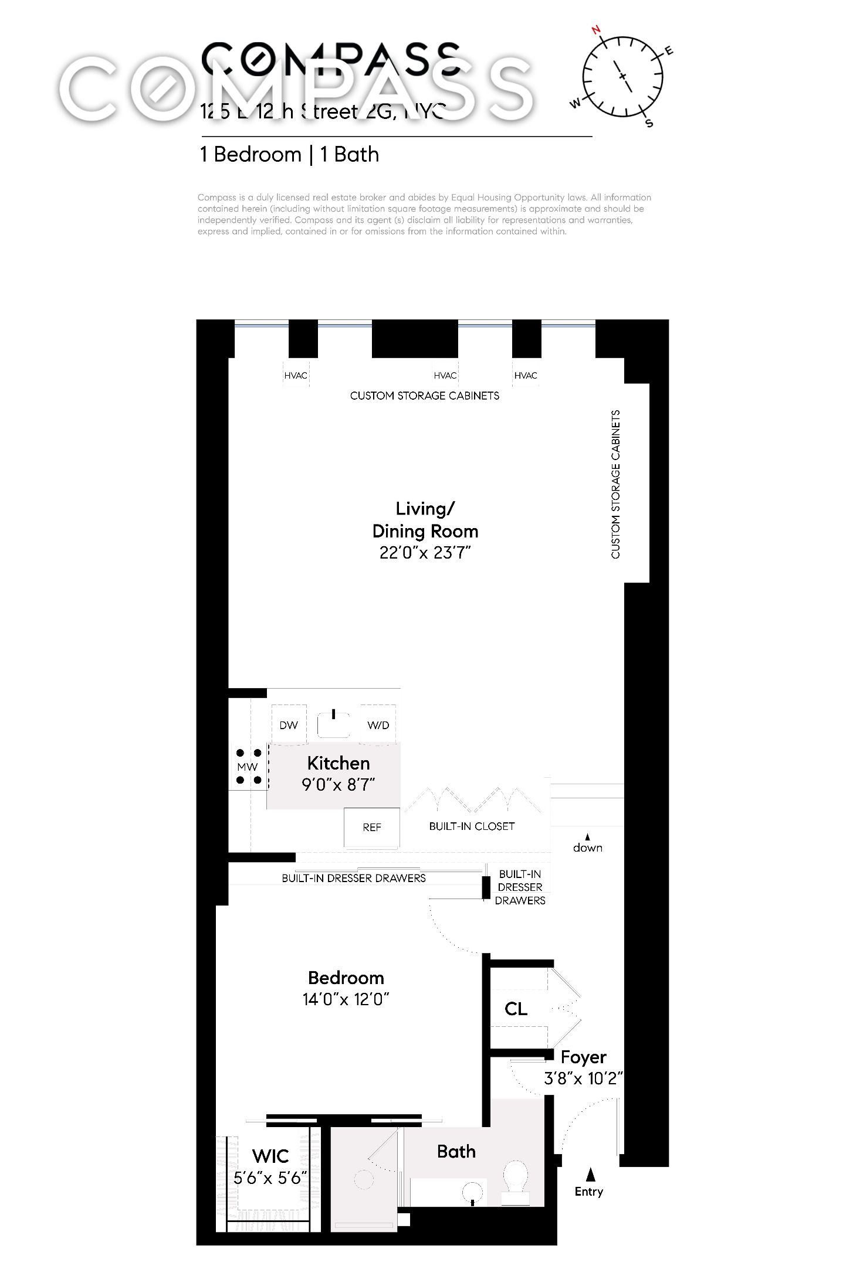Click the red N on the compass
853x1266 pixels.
(597, 30)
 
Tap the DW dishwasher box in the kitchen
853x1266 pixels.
(289, 724)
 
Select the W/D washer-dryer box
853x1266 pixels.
(378, 724)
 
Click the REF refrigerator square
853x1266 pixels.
(372, 827)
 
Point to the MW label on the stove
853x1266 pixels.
(248, 767)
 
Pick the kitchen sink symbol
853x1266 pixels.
(334, 724)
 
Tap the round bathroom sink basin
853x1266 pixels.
(473, 1191)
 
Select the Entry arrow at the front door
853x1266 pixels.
(591, 1175)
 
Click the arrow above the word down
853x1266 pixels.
(587, 836)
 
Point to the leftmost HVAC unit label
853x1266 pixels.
(296, 376)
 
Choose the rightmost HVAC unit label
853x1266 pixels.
(525, 376)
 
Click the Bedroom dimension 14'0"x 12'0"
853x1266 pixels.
(346, 999)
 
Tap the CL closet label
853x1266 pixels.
(516, 1009)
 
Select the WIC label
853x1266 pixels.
(270, 1156)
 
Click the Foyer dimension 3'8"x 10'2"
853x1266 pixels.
(583, 1078)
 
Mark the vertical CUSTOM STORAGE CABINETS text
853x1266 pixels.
(615, 484)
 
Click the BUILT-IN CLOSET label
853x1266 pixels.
(472, 826)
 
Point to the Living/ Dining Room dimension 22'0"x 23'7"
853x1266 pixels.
(425, 553)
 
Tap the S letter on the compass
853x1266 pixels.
(649, 123)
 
